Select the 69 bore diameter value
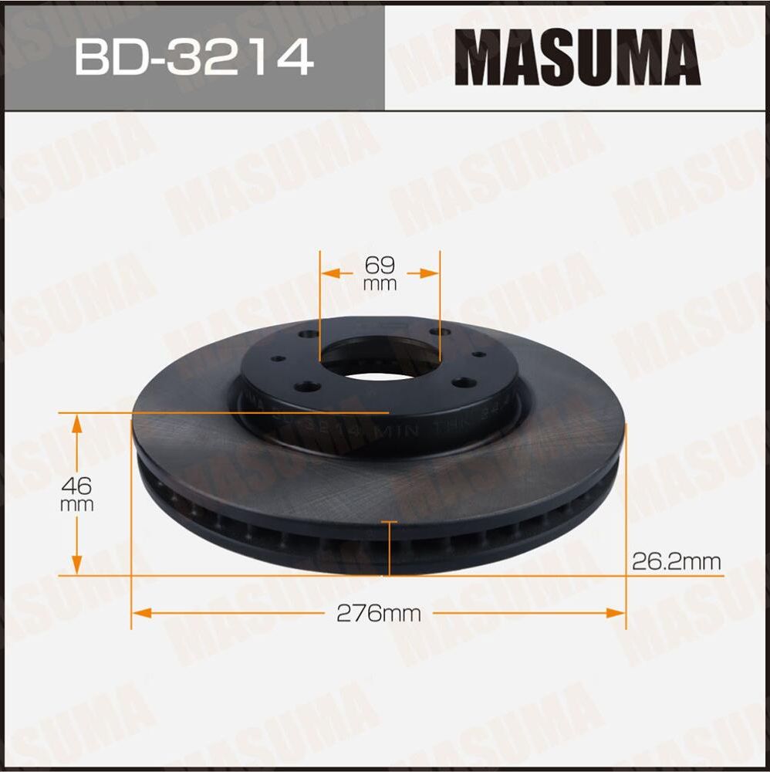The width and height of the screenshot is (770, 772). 380,265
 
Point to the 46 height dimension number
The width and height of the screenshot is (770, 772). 78,486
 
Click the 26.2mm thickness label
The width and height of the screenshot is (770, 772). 676,561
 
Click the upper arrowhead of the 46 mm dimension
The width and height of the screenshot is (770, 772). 77,422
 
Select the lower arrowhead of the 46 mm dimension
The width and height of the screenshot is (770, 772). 77,567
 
